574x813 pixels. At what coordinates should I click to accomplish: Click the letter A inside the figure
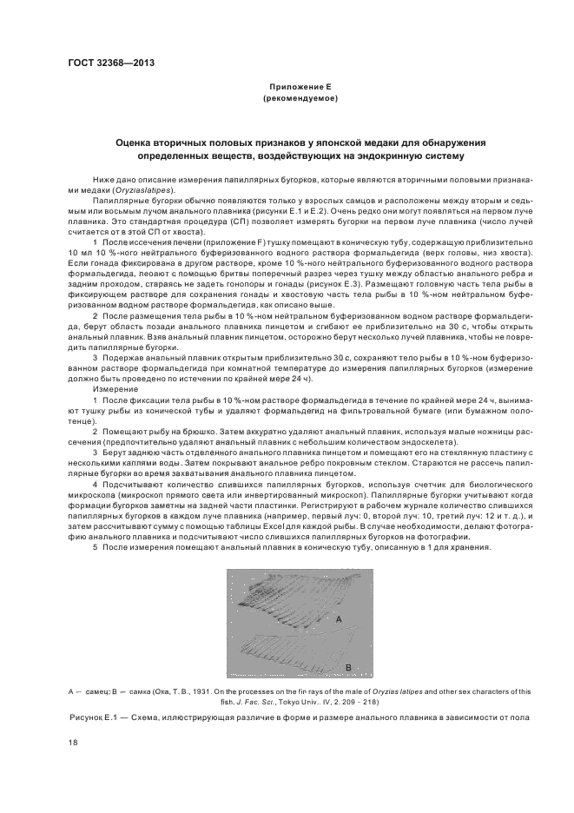pos(340,618)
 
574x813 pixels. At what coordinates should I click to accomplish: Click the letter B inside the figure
pos(346,666)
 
